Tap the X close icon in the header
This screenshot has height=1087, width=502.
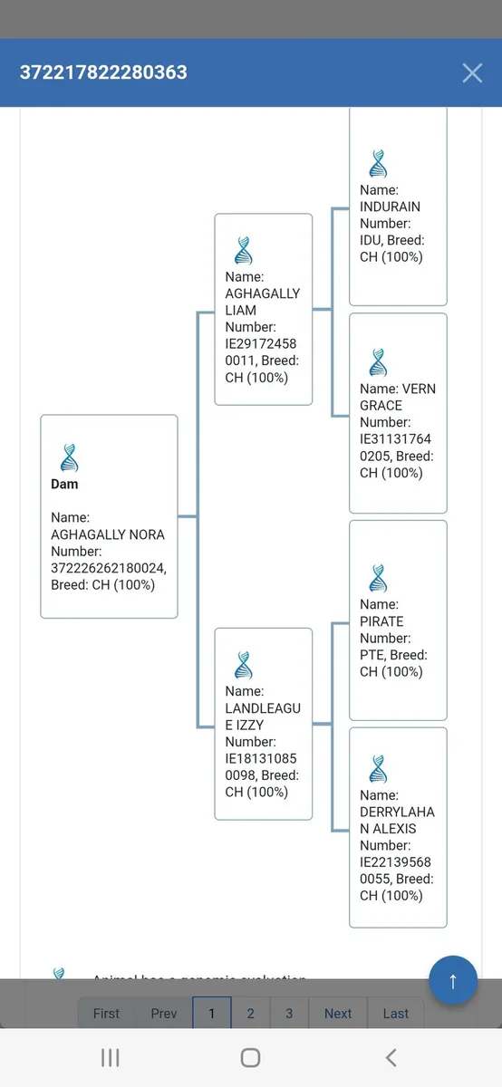click(x=472, y=73)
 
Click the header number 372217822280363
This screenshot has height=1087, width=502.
click(x=103, y=72)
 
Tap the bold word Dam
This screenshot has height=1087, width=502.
click(x=64, y=484)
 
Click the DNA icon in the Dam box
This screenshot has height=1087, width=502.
click(x=69, y=457)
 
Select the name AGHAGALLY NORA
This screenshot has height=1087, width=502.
click(x=108, y=534)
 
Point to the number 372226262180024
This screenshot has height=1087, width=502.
click(x=108, y=568)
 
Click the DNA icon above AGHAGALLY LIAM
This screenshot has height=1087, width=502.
click(x=243, y=250)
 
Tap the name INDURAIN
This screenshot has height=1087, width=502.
click(x=390, y=207)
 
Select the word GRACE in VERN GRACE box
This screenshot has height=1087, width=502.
click(x=381, y=406)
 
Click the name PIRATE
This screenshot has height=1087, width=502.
click(x=381, y=621)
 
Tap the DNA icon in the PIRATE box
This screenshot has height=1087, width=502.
click(x=378, y=578)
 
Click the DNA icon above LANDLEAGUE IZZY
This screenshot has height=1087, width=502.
click(x=243, y=665)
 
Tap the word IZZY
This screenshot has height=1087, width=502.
click(x=249, y=725)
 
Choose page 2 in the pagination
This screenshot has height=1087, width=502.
click(x=250, y=1014)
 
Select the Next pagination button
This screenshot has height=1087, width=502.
click(x=338, y=1014)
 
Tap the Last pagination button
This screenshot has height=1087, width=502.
click(x=396, y=1014)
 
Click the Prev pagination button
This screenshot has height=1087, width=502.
click(x=164, y=1014)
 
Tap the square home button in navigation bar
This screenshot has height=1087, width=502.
click(x=250, y=1058)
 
